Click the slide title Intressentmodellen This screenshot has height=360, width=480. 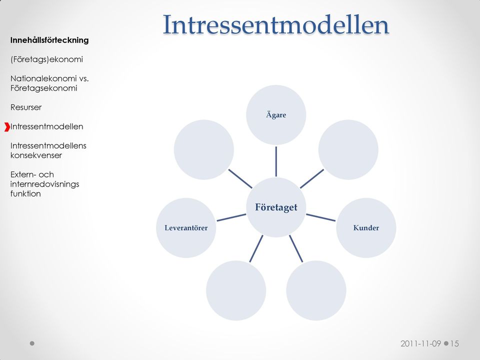[x=276, y=24]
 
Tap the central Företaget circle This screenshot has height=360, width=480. [x=276, y=207]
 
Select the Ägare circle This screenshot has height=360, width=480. [x=276, y=115]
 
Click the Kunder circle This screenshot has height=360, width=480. [x=366, y=228]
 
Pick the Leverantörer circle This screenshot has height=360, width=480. [x=186, y=228]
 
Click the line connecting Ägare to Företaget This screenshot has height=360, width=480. [x=276, y=161]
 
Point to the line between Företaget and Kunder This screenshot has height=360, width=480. [x=321, y=217]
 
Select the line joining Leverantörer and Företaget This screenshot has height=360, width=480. [x=231, y=217]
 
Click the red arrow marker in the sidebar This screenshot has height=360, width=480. [x=7, y=126]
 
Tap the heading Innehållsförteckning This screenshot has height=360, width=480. [x=49, y=40]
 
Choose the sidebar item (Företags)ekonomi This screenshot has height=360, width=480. [x=46, y=59]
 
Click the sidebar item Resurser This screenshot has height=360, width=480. [x=26, y=107]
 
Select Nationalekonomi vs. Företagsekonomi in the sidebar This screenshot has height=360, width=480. [x=49, y=83]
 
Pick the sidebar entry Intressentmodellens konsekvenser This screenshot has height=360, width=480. [x=48, y=150]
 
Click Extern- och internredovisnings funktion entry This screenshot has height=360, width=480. [x=44, y=184]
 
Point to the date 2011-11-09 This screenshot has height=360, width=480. [x=420, y=343]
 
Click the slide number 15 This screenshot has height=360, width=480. [x=454, y=343]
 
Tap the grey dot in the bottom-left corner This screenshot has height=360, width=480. [x=32, y=343]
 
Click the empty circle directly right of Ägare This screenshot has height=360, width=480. [x=348, y=149]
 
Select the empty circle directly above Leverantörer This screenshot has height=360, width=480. [x=204, y=149]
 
